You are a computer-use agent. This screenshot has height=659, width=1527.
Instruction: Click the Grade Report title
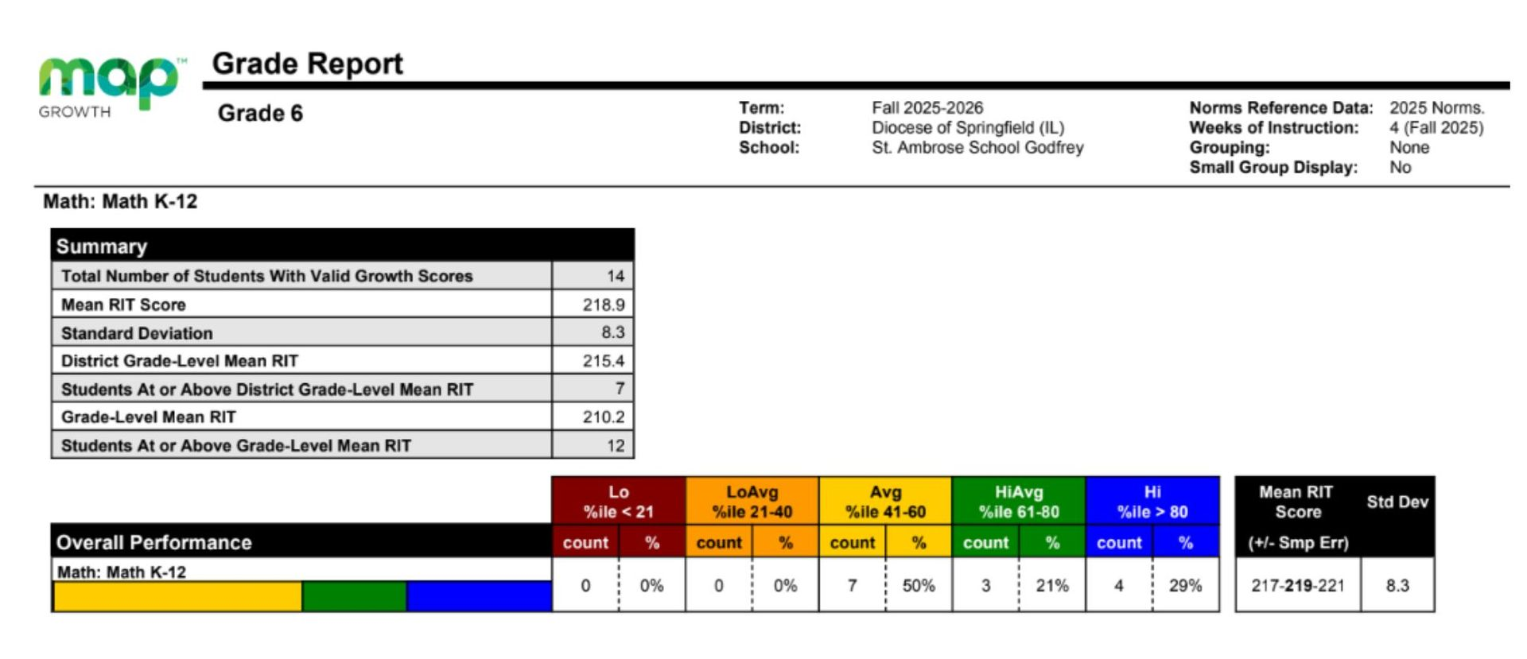(307, 64)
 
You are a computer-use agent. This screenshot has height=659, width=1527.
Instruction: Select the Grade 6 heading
(260, 114)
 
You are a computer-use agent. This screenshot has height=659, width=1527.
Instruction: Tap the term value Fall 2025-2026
(927, 108)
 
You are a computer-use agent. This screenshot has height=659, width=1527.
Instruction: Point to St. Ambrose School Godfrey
(977, 148)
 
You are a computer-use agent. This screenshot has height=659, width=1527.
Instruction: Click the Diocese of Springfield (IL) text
(967, 128)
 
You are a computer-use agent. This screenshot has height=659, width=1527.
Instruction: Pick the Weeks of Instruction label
(1273, 128)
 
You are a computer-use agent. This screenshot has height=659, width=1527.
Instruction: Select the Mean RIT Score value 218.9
(603, 304)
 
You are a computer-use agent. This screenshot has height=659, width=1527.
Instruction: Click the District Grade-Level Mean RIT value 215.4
(603, 361)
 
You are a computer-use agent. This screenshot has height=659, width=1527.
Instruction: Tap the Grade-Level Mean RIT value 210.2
(603, 417)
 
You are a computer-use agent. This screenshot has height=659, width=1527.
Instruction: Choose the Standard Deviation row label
(137, 333)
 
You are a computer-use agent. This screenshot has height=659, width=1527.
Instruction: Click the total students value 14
(615, 277)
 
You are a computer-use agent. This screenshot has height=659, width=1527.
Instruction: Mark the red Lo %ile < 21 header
(618, 502)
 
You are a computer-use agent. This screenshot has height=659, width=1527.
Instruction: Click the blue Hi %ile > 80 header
(1152, 502)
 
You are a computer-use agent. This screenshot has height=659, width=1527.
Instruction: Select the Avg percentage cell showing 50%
(918, 586)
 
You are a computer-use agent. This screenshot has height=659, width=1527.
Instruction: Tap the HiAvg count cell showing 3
(985, 586)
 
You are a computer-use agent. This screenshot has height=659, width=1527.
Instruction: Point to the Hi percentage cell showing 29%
(1185, 586)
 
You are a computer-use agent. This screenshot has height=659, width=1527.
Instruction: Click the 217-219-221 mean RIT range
(1297, 586)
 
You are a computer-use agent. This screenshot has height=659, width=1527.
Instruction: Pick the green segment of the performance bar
(354, 596)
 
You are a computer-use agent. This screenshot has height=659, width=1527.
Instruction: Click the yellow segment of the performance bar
(177, 596)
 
